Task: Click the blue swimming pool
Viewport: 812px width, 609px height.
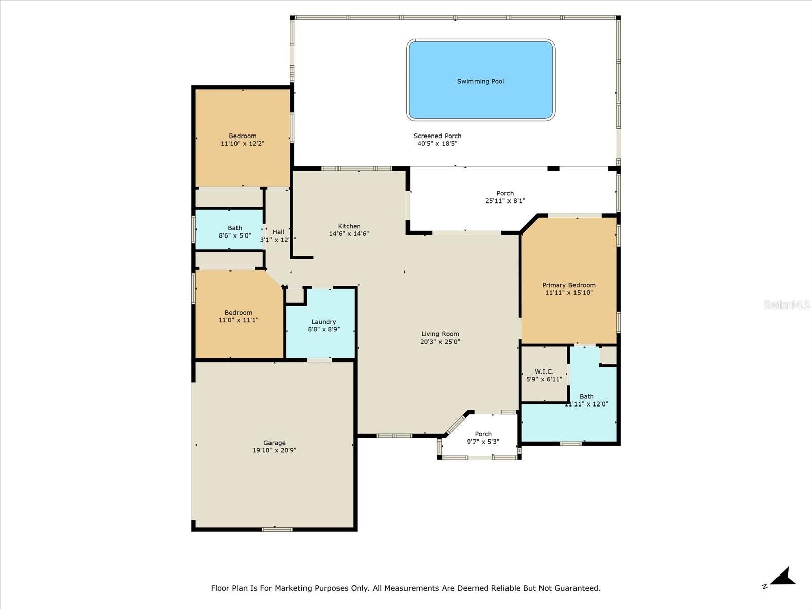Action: (x=480, y=80)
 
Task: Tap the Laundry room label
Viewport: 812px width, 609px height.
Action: (x=324, y=322)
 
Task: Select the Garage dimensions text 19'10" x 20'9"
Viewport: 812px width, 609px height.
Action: (x=274, y=450)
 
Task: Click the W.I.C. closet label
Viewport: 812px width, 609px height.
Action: (x=544, y=371)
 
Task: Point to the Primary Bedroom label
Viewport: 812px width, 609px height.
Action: (x=568, y=285)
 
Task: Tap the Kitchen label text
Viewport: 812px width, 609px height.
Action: (x=349, y=226)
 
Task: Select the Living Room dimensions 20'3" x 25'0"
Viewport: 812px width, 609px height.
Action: (x=440, y=342)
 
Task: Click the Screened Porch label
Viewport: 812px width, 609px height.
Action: (x=437, y=136)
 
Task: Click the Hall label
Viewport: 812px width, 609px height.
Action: (x=278, y=232)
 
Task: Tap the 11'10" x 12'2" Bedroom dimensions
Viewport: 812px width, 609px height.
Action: (x=243, y=144)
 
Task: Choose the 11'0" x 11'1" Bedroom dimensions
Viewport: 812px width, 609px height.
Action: (x=239, y=320)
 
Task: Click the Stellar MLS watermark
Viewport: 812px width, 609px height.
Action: (x=787, y=304)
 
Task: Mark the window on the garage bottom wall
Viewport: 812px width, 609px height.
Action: (x=277, y=529)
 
